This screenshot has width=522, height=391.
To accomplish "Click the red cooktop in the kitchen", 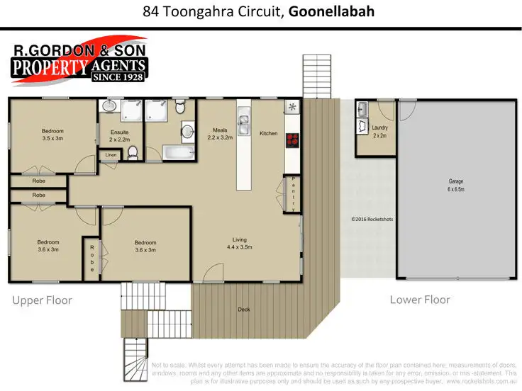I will point(291,140).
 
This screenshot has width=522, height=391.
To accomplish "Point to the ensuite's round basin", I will point(108,107).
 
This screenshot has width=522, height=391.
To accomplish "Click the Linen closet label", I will point(110,155).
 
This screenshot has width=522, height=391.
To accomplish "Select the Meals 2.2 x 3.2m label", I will point(220,133).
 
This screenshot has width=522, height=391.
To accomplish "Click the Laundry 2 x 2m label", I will point(379,131).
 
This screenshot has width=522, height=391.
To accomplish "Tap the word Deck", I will point(244,309).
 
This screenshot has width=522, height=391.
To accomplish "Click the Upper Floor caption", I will point(42,300).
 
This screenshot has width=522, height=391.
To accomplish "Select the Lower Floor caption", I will point(420,300).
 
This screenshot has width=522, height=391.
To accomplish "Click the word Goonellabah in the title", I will point(332,12).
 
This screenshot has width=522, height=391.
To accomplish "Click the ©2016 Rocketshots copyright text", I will point(372,219).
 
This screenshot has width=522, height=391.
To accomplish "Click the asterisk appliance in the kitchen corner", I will point(291,108).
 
